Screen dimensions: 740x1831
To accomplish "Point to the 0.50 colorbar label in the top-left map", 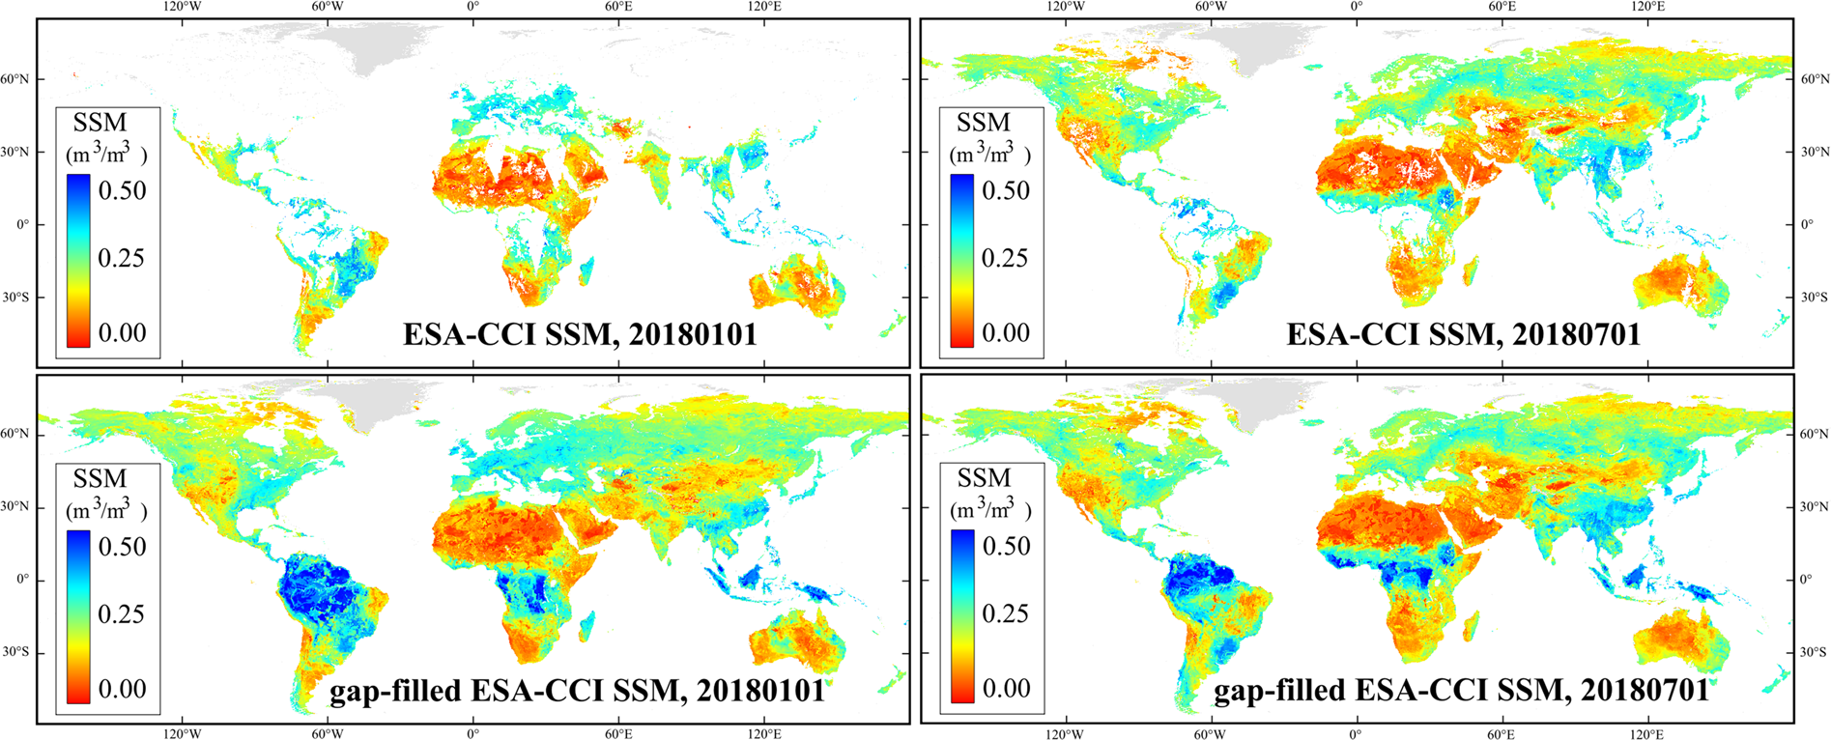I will tap(123, 190).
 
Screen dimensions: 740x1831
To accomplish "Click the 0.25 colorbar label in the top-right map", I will tap(1006, 258).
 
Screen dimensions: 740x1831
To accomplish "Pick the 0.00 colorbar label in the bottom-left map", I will tap(123, 689).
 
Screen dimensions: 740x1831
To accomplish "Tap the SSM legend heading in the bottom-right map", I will tap(984, 478).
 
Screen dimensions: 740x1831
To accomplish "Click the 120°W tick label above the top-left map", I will tap(182, 7).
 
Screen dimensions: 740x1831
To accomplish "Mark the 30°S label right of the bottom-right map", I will tap(1813, 653).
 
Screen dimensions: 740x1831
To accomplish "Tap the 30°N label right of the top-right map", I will tap(1813, 152).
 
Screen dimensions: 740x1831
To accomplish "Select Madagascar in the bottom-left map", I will tap(586, 628).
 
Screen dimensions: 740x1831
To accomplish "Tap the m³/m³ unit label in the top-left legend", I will tap(105, 153).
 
